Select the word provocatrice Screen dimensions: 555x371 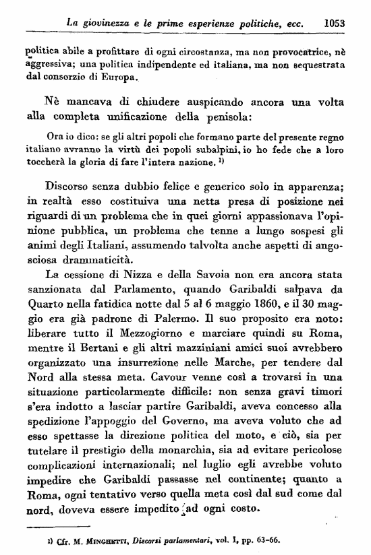tap(293, 50)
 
